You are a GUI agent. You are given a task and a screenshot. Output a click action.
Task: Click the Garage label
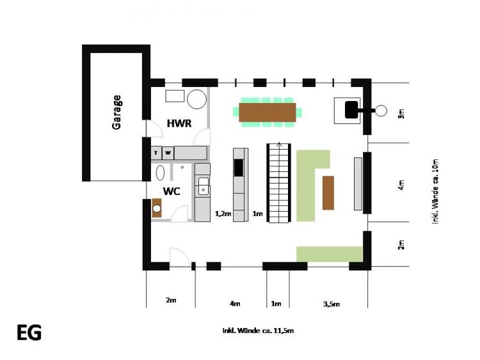coord(116,113)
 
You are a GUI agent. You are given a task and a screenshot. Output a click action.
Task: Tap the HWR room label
coord(179,123)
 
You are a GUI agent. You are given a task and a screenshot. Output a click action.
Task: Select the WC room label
coord(172,191)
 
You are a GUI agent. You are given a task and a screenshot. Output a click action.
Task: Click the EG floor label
coord(29,333)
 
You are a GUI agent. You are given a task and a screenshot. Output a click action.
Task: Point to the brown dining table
coord(268,113)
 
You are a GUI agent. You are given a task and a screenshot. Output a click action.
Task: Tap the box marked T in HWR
coord(156,152)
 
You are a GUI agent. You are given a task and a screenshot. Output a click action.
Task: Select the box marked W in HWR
coord(168,152)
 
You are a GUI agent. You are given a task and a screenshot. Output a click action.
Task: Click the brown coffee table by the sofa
coord(328,193)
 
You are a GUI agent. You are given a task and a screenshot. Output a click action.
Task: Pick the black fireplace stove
coord(351,110)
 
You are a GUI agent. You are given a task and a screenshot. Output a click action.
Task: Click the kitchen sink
coord(204,186)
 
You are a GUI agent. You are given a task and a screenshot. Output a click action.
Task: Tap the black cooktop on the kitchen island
coord(239,168)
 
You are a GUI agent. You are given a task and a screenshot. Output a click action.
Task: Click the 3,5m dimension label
coord(332,304)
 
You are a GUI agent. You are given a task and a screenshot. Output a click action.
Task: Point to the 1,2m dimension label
coord(223,214)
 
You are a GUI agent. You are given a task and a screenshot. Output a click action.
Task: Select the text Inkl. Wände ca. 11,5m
coord(258,331)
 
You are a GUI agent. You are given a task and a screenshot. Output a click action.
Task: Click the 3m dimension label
coord(401,113)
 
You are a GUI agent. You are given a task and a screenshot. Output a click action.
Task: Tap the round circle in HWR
coord(197,99)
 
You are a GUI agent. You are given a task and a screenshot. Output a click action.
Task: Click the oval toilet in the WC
coord(160,173)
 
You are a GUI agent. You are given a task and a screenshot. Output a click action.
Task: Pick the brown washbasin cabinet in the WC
coord(157,208)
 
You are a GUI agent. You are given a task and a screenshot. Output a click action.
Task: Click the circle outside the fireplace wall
coord(381,111)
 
